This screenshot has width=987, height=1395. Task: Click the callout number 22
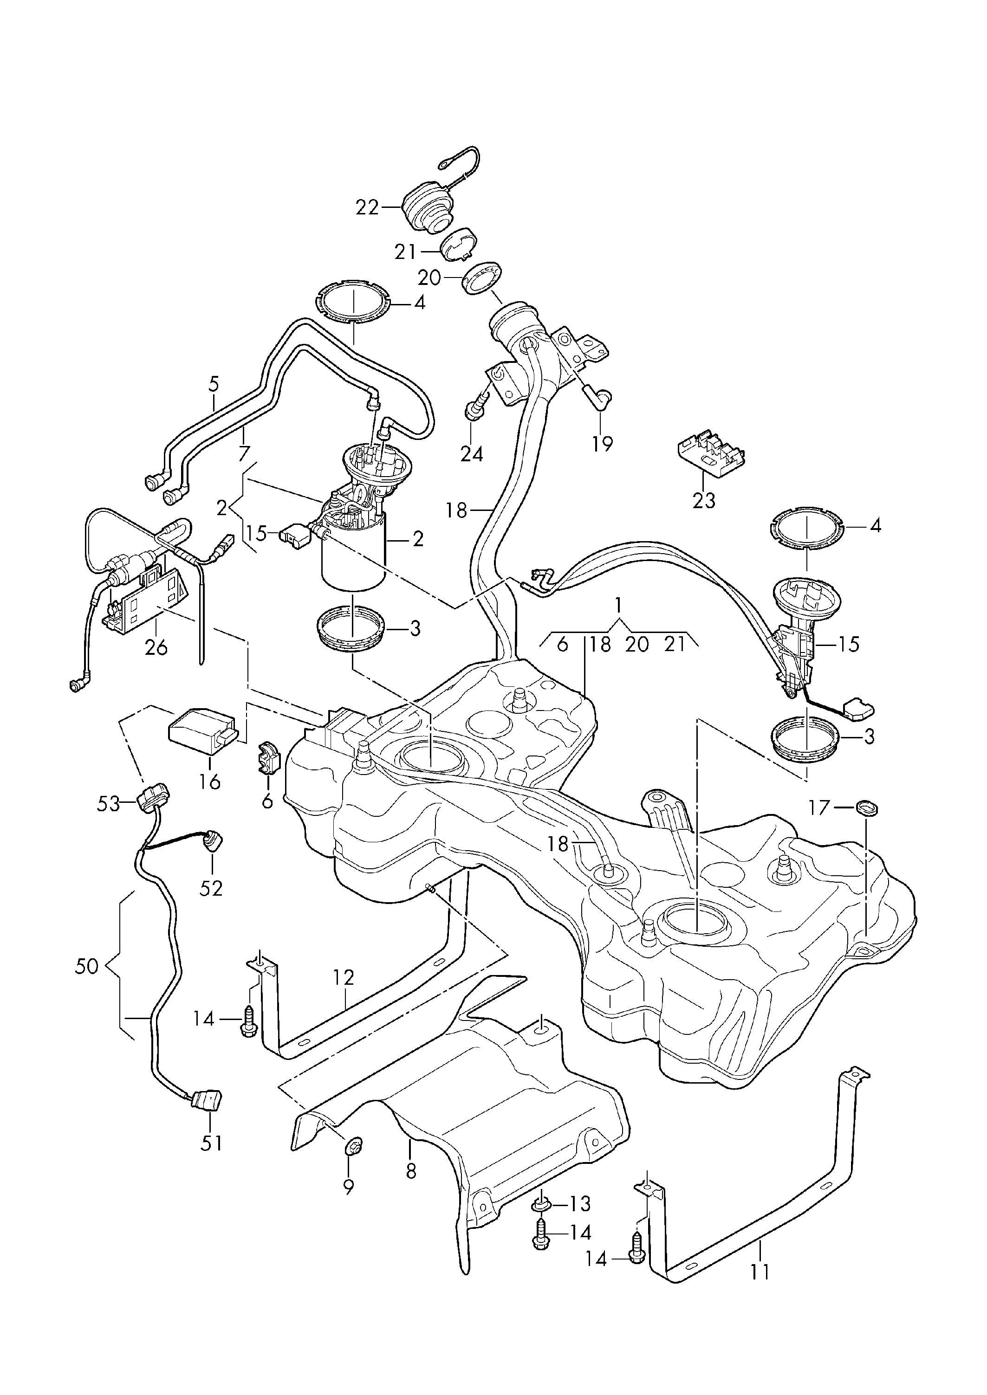click(367, 208)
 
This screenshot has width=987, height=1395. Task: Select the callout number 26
click(156, 648)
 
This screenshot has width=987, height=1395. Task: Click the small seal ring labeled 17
click(867, 809)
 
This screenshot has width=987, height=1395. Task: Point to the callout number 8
click(411, 1171)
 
